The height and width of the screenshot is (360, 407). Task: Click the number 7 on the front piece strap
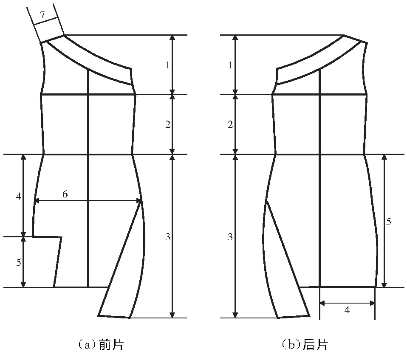(x=42, y=15)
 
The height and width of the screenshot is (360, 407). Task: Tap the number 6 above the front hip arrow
(x=65, y=194)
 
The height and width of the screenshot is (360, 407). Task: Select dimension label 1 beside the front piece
(x=168, y=65)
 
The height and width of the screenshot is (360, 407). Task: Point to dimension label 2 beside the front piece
(x=168, y=125)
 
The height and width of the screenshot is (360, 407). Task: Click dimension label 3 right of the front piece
(x=168, y=236)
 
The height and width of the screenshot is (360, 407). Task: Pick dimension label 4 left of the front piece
(x=18, y=196)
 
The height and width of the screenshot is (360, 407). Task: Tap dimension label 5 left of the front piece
(x=18, y=262)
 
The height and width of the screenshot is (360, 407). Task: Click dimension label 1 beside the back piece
(x=230, y=65)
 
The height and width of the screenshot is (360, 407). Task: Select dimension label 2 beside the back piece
(x=230, y=125)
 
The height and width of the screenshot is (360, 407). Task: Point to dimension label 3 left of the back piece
(x=230, y=236)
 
